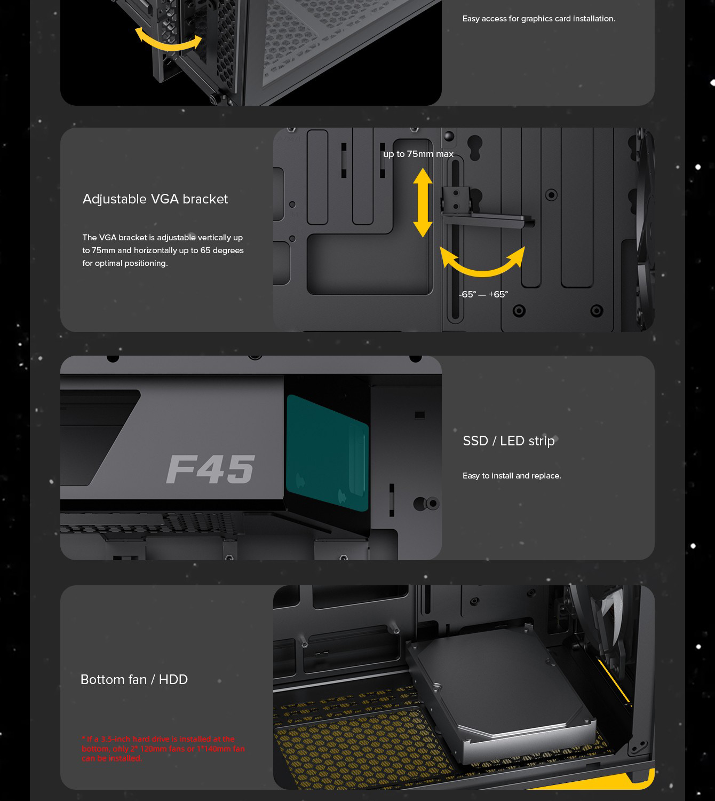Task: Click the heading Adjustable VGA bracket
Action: (x=155, y=199)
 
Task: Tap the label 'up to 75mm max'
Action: (x=418, y=154)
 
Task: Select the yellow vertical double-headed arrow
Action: (x=423, y=202)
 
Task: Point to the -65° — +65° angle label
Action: (x=483, y=294)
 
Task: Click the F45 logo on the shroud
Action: (x=210, y=469)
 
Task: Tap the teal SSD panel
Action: (x=327, y=453)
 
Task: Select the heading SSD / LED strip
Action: (x=509, y=441)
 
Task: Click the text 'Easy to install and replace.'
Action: (x=512, y=476)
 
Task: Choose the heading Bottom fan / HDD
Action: (x=134, y=679)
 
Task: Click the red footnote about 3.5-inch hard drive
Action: (x=163, y=749)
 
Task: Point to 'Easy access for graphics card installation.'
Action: (x=539, y=19)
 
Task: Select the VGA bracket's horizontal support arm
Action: (x=488, y=219)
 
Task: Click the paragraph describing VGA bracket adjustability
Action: (x=163, y=250)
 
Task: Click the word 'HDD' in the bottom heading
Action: (x=173, y=679)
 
